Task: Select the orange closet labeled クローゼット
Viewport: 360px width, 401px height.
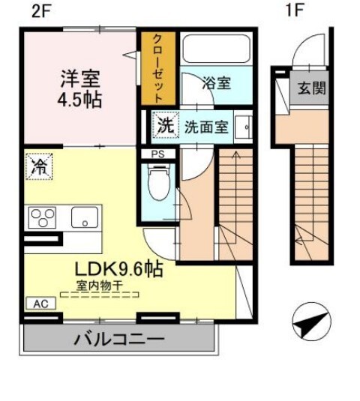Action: (157, 68)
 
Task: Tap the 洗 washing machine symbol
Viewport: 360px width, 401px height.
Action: (164, 126)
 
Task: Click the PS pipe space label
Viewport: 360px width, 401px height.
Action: (157, 155)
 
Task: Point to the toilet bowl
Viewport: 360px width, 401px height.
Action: (158, 182)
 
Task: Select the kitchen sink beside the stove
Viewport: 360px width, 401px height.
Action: (83, 217)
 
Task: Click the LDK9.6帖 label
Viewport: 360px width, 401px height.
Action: (118, 268)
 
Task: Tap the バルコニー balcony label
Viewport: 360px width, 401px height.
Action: (118, 340)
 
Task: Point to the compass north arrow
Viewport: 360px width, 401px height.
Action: (310, 323)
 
